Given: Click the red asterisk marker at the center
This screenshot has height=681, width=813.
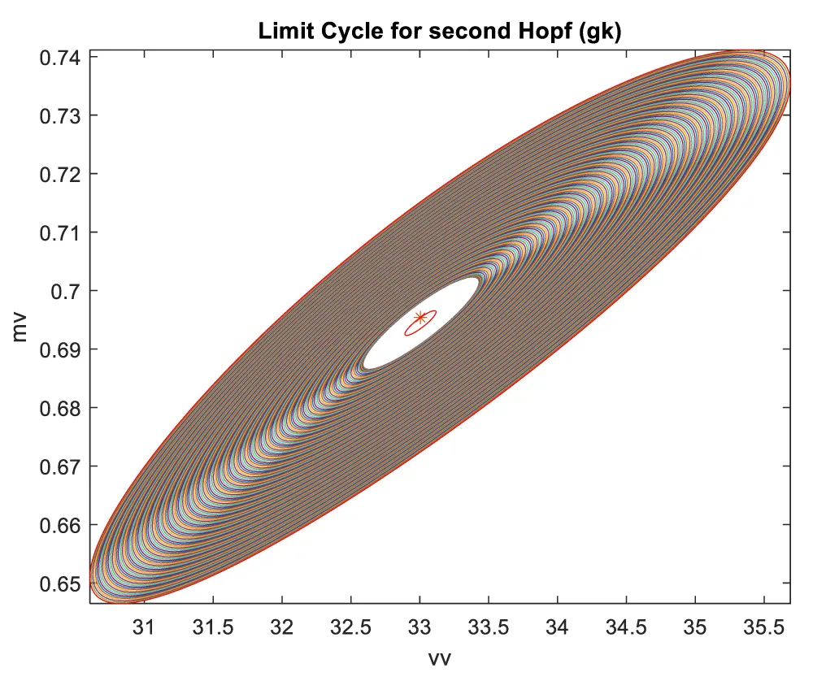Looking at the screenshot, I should [420, 317].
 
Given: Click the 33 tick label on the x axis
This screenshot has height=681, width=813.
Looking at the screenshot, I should [420, 627].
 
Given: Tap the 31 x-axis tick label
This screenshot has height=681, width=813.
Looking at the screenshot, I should [144, 627].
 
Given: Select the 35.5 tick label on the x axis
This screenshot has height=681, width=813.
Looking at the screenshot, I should [763, 627].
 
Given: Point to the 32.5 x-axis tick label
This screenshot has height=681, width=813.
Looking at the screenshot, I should [350, 627].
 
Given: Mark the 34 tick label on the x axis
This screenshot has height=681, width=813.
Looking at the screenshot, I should [557, 627].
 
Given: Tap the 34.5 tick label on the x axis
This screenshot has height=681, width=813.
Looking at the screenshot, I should [626, 627].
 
